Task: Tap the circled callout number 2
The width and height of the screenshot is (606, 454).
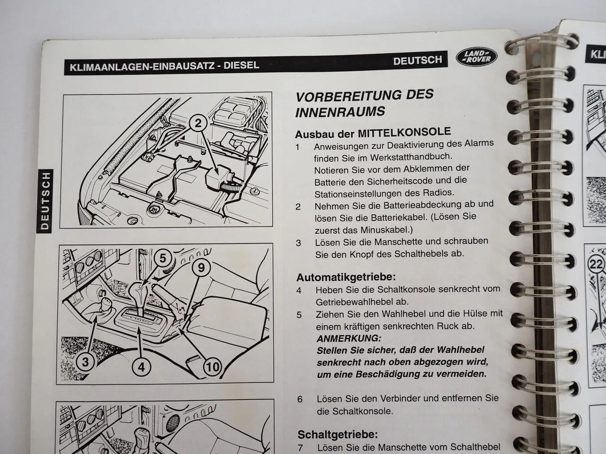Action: [x=199, y=124]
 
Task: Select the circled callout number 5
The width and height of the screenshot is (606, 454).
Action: [x=162, y=258]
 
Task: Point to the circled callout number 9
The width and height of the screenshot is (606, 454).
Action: [x=201, y=268]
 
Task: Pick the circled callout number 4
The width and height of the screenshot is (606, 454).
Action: [x=141, y=366]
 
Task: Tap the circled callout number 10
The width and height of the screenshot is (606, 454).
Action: [x=213, y=367]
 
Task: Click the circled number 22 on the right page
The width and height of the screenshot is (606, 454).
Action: [x=596, y=264]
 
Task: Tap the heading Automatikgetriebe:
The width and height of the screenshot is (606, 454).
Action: [x=346, y=277]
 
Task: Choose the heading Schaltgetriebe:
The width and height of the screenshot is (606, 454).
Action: [x=338, y=434]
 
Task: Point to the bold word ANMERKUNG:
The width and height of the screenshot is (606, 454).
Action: [x=348, y=339]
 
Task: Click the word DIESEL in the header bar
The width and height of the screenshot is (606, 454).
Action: [x=241, y=65]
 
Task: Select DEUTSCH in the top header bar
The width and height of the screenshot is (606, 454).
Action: [x=417, y=60]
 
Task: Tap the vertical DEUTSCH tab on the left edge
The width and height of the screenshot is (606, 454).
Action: [x=45, y=200]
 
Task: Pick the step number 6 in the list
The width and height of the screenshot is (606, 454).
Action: [x=300, y=399]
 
